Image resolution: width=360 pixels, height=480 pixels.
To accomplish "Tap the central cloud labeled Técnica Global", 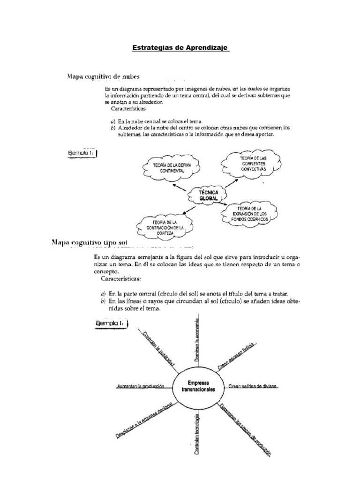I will (205, 195).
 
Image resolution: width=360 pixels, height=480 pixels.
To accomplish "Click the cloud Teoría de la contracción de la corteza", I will (165, 226).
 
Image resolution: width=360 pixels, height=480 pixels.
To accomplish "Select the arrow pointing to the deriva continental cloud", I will (180, 187).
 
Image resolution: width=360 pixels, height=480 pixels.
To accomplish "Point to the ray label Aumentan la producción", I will (140, 386).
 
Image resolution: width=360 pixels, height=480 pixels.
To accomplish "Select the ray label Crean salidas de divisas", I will (253, 386).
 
